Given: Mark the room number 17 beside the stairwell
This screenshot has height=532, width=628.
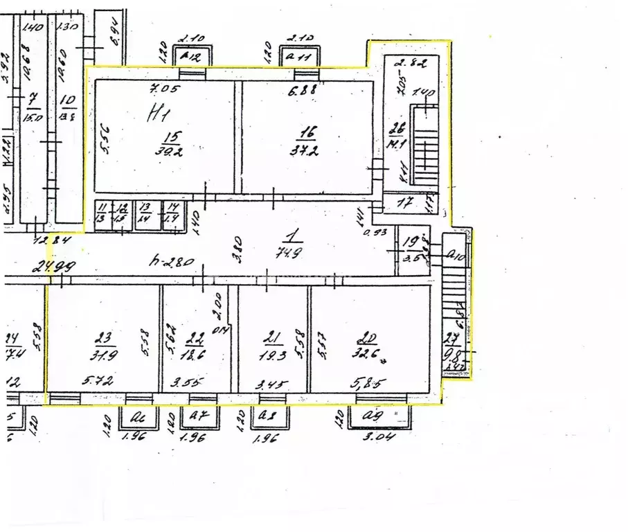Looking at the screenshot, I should (x=408, y=204).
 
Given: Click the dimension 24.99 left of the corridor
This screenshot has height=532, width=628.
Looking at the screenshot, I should (x=53, y=265).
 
